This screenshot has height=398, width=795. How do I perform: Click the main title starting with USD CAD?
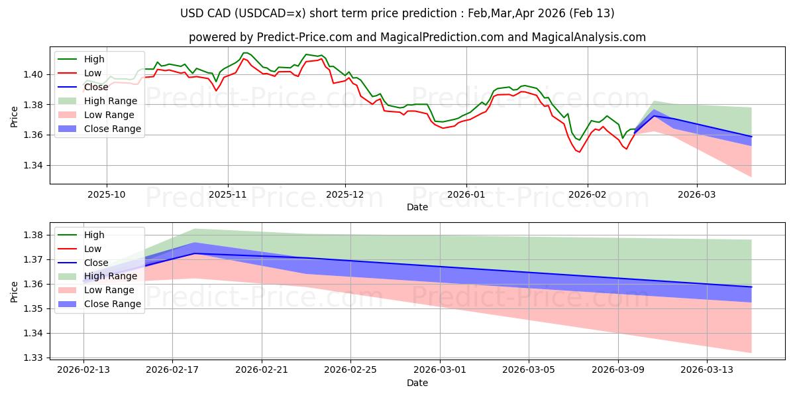pos(397,13)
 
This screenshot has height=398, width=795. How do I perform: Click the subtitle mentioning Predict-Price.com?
pos(417,37)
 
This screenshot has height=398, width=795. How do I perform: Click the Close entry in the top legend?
pos(96,87)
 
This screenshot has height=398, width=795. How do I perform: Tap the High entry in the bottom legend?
pos(94,235)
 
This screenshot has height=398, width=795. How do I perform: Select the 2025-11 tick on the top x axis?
pos(228,196)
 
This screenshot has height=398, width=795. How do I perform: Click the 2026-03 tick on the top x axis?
pos(697,196)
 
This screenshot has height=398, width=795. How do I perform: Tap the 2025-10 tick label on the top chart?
pos(107,196)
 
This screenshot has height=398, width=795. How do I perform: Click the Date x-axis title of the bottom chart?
pos(417,383)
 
